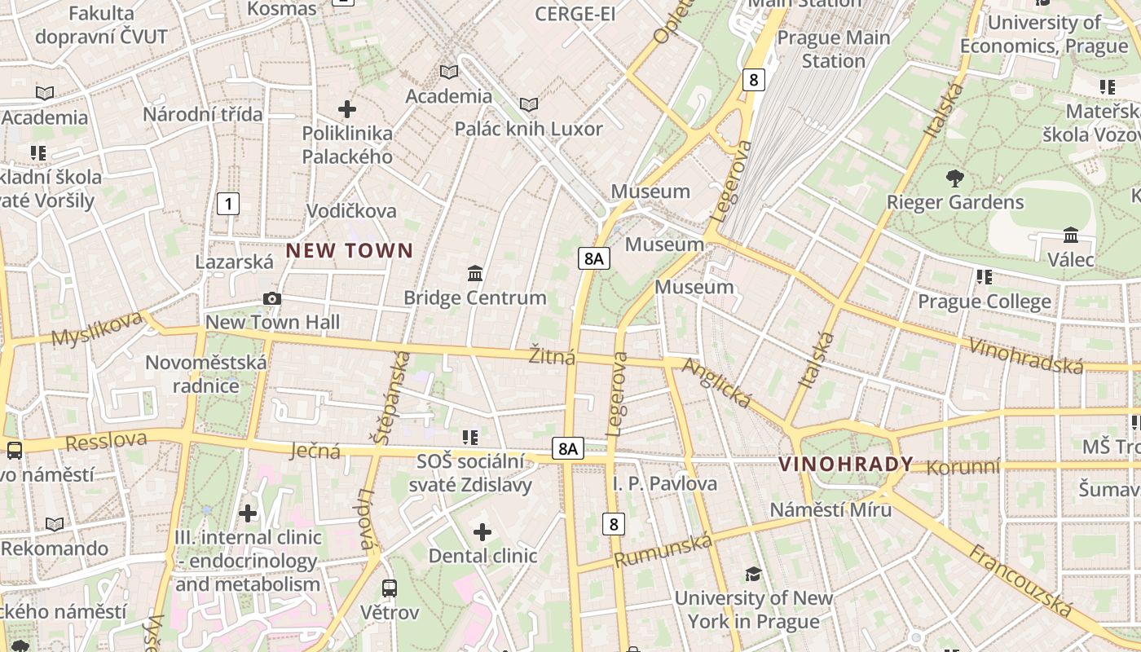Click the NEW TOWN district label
[x=350, y=251]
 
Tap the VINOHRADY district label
[x=846, y=465]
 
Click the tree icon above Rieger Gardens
[x=954, y=178]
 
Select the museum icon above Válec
[x=1071, y=236]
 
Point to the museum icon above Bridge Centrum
[x=475, y=273]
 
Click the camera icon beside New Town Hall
[x=272, y=299]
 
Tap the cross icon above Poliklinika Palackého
[x=347, y=108]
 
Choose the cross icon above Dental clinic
[x=482, y=532]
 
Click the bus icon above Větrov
[x=390, y=588]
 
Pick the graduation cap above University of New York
[x=753, y=574]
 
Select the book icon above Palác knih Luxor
[x=529, y=104]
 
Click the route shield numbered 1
[x=229, y=204]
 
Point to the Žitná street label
[x=552, y=356]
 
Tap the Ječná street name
[x=315, y=450]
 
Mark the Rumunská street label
[x=663, y=550]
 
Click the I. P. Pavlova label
[x=665, y=483]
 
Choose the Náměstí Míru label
[x=831, y=509]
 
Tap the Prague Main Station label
[x=833, y=49]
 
